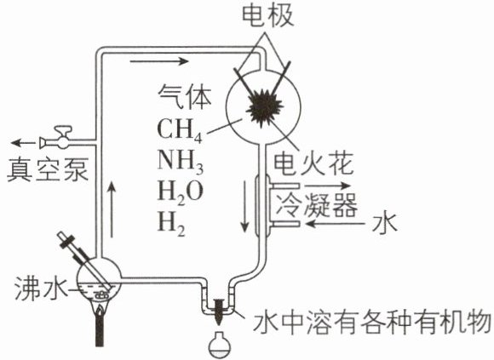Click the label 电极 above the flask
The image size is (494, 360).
(268, 15)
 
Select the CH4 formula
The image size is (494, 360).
(179, 130)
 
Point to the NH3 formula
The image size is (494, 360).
(181, 161)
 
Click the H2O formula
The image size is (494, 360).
(181, 192)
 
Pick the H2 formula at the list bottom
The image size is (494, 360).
(171, 224)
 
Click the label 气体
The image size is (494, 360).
(185, 95)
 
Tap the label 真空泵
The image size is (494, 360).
(47, 170)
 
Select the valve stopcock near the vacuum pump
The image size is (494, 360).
(60, 138)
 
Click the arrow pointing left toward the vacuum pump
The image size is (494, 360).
(23, 143)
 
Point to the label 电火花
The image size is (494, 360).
(313, 164)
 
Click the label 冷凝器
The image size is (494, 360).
(317, 204)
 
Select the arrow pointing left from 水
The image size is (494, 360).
(336, 224)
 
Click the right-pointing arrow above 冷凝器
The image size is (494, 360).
(327, 186)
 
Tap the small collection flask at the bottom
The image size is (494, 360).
(220, 346)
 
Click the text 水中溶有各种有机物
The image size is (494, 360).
(372, 323)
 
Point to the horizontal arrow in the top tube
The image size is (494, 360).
(159, 61)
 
